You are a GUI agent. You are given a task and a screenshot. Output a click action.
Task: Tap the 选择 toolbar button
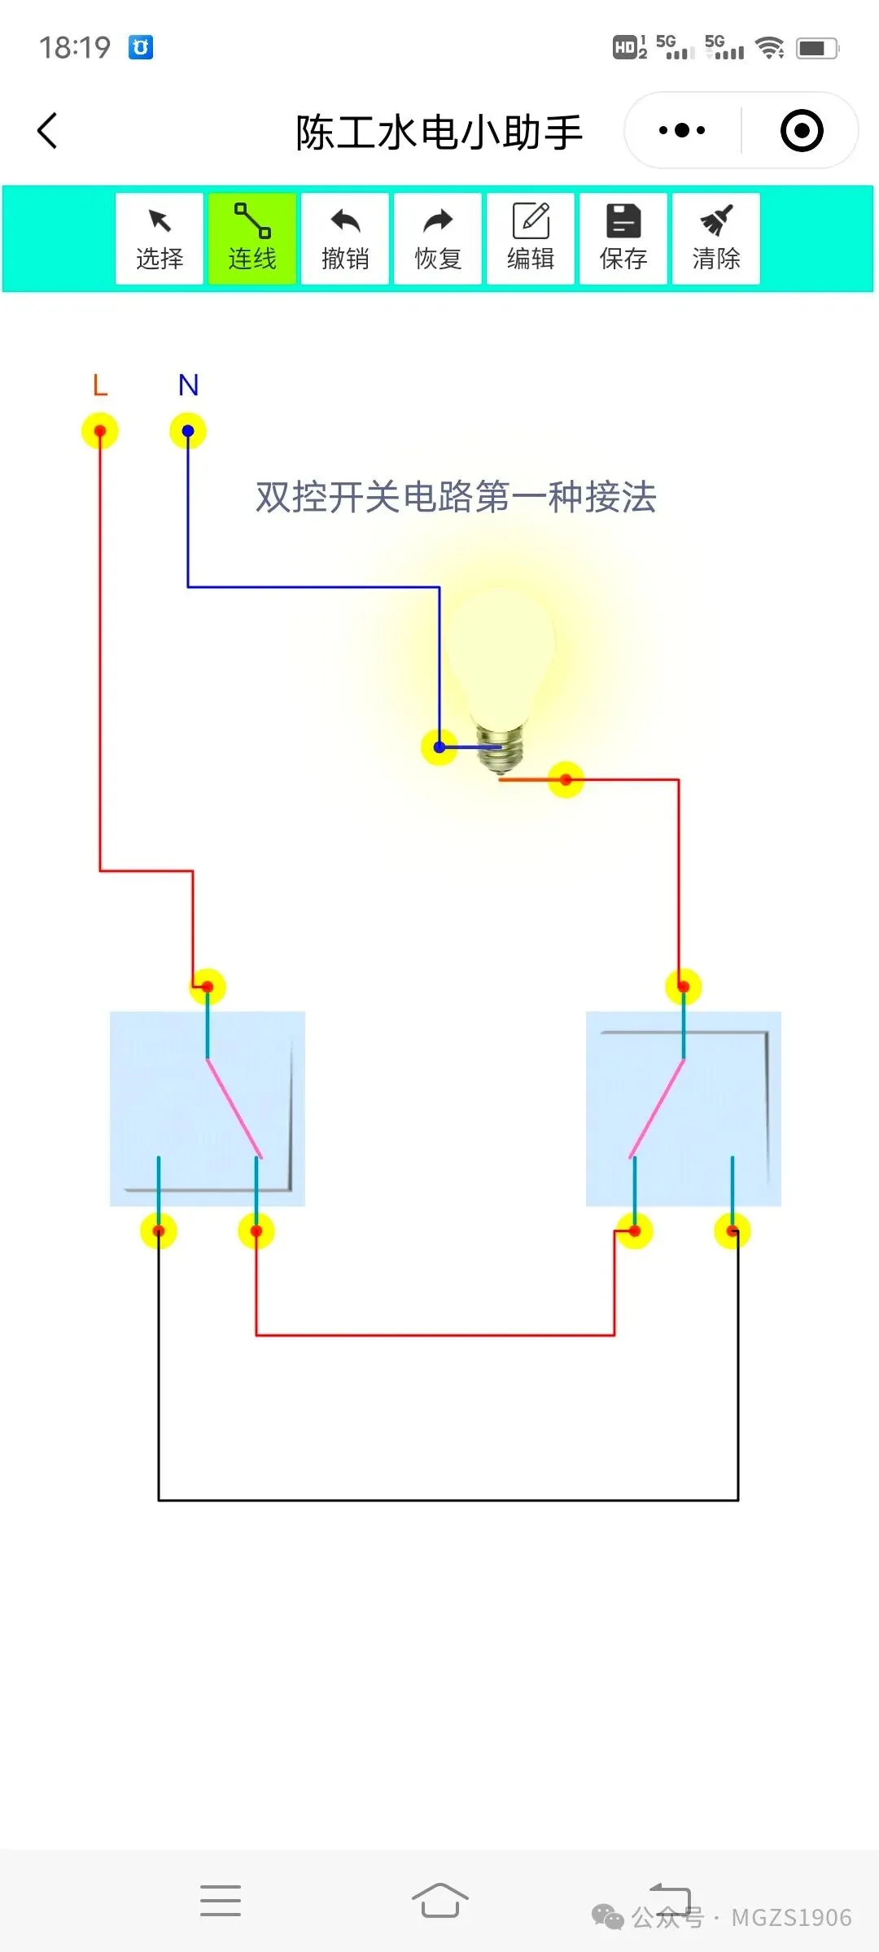(x=160, y=238)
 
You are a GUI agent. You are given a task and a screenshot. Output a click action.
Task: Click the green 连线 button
(x=252, y=238)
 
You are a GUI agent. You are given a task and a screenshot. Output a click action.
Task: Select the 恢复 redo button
(x=438, y=238)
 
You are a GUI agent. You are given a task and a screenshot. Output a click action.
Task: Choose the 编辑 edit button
(x=531, y=238)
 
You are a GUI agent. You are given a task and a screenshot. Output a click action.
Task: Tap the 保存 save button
(x=623, y=238)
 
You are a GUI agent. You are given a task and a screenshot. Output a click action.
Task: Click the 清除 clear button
(x=716, y=238)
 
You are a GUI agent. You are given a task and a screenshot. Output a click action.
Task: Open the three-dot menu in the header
(x=682, y=131)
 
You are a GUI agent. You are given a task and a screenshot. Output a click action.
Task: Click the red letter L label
(x=100, y=385)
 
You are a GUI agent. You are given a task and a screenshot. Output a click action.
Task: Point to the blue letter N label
(x=188, y=385)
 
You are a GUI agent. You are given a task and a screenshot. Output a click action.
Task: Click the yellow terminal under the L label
(x=100, y=431)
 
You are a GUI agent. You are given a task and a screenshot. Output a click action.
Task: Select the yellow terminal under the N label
(x=188, y=431)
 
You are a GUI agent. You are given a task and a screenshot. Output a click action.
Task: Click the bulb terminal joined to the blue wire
(x=439, y=747)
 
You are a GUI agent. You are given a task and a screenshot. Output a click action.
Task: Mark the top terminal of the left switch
(x=208, y=987)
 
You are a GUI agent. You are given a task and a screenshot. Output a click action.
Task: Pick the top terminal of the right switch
(x=684, y=987)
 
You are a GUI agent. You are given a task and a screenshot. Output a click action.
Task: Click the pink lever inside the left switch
(x=234, y=1108)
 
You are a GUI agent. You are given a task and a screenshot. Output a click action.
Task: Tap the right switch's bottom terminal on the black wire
(x=732, y=1231)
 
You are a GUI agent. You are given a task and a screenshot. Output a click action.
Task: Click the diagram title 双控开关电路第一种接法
(x=456, y=497)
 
